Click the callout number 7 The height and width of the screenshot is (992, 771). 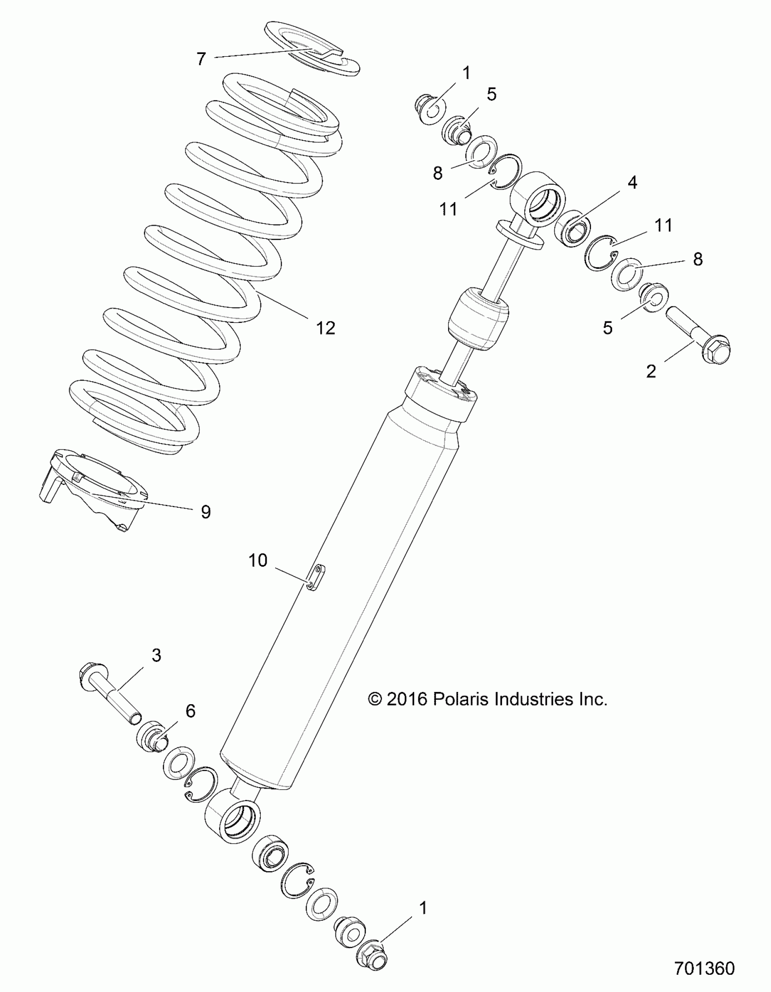201,59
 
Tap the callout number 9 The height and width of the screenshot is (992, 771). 205,512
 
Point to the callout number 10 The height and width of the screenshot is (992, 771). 258,561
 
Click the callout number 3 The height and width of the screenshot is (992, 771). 156,656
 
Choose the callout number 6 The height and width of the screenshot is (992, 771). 190,711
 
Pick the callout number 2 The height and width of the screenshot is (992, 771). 651,371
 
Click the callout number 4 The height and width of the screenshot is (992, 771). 632,182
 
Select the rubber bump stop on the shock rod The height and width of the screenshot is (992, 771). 478,318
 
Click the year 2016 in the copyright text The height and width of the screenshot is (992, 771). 406,699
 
